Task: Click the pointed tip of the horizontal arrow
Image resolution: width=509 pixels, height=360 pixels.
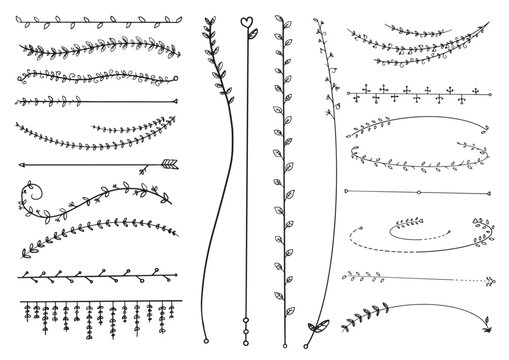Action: (22, 161)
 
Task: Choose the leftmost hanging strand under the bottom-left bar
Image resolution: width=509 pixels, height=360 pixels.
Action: (24, 312)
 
